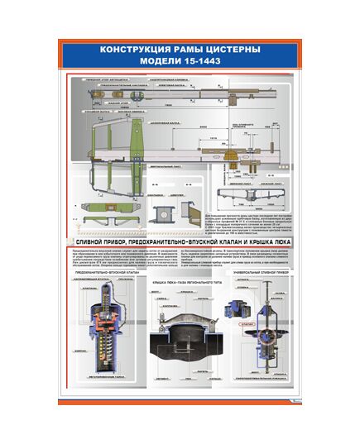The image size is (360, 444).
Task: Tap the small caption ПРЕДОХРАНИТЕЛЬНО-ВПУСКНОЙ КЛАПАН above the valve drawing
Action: [106, 271]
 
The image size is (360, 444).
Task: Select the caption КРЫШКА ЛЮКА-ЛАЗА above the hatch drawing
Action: [175, 282]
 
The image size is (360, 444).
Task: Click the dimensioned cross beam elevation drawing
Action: [249, 195]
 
